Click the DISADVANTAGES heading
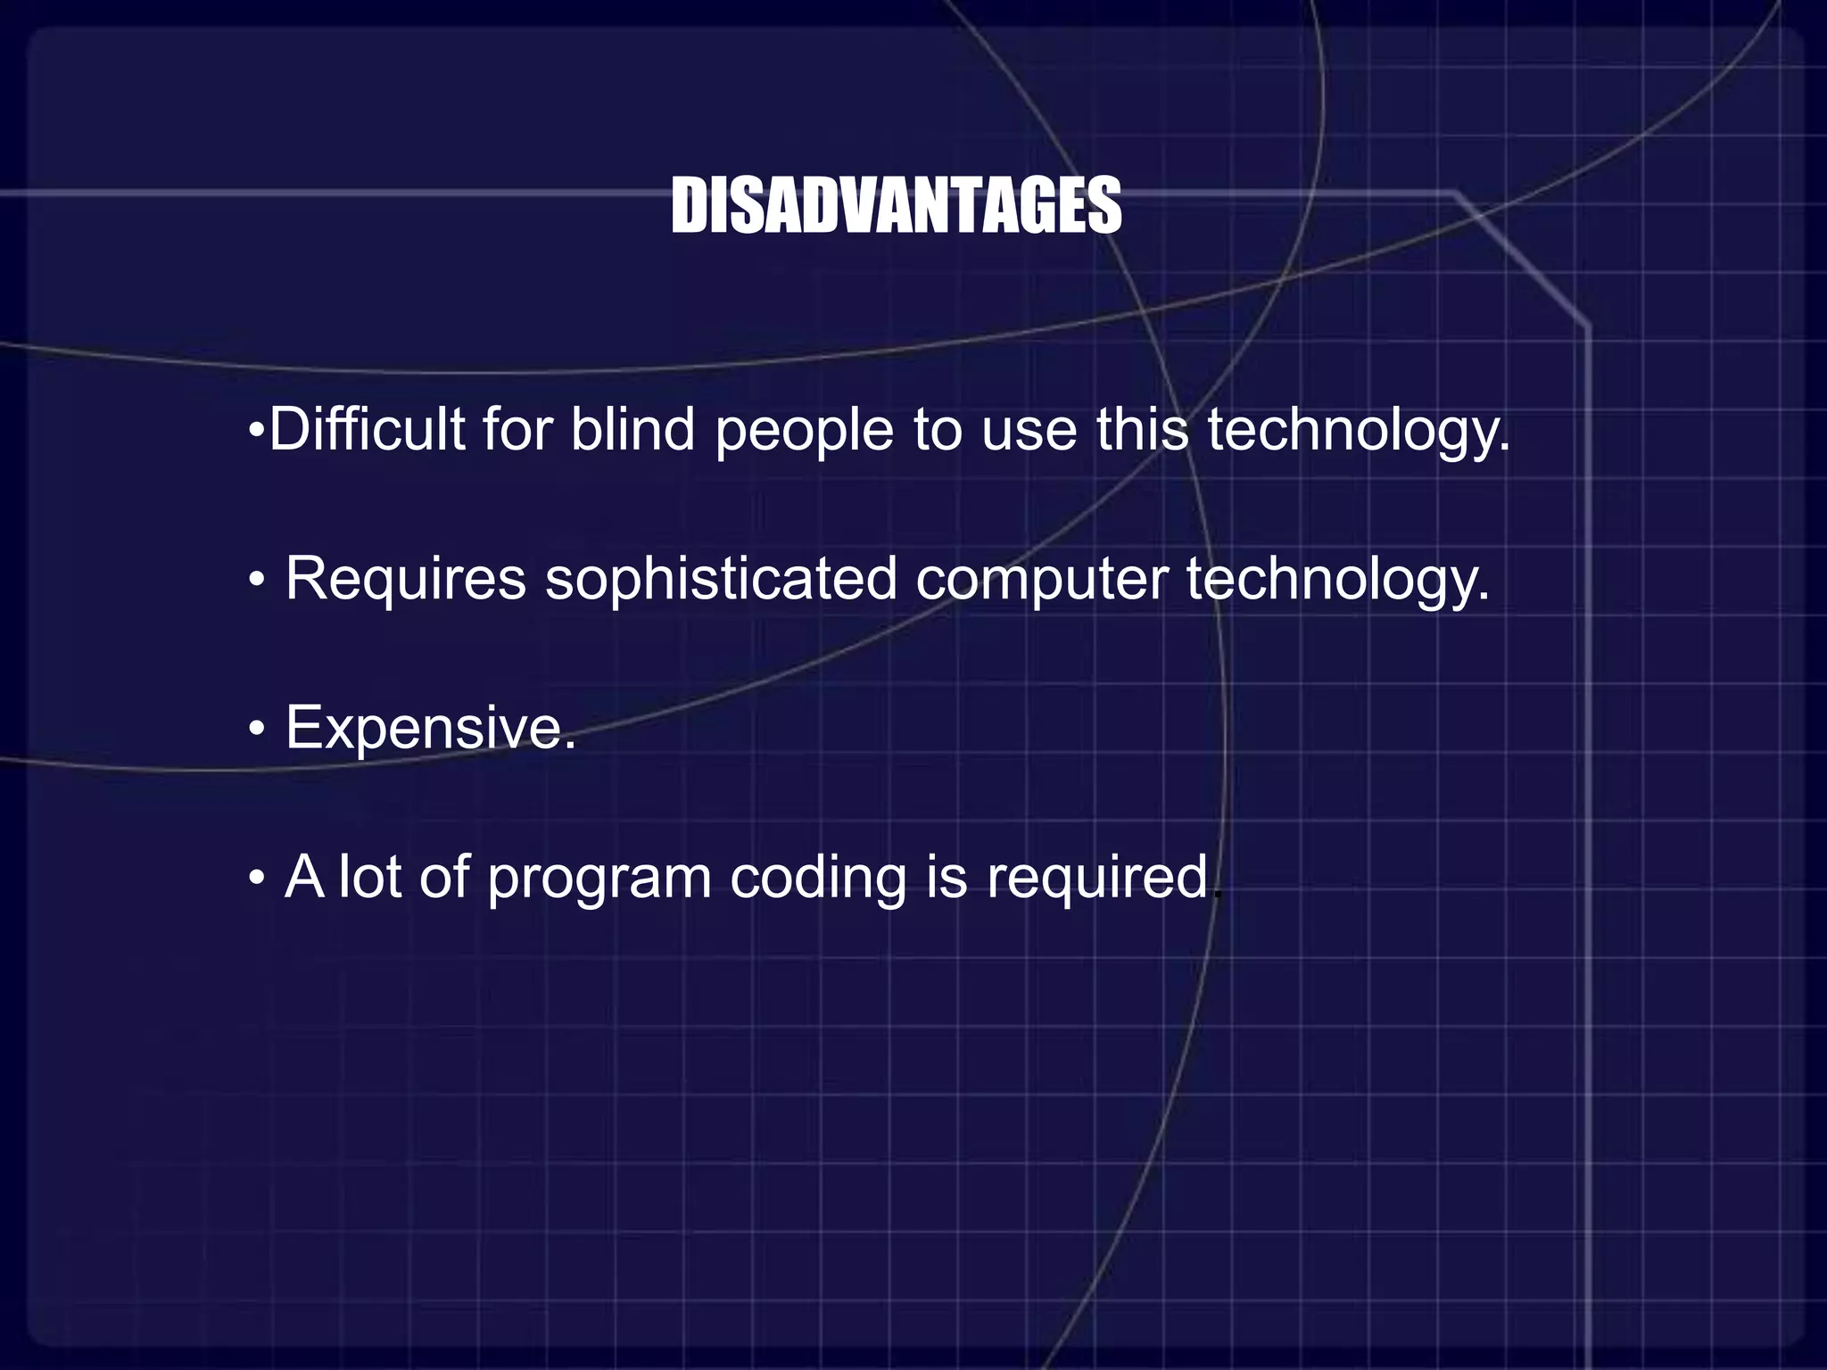coord(896,206)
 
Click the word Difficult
coord(367,430)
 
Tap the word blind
coord(632,430)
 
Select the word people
coord(804,433)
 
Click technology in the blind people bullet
coord(1359,433)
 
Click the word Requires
coord(406,580)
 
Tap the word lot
coord(370,878)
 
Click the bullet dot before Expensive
coord(257,730)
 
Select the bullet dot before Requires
coord(257,582)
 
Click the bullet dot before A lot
coord(257,879)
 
